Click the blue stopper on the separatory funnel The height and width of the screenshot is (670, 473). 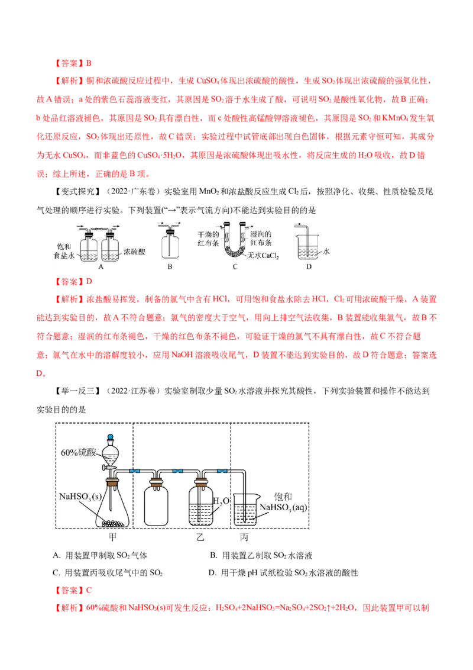click(x=111, y=437)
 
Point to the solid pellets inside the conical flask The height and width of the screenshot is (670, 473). click(x=113, y=523)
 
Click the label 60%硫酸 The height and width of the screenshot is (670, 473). click(x=78, y=453)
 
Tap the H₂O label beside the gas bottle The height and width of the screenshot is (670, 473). click(x=221, y=501)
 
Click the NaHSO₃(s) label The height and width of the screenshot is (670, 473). click(x=80, y=497)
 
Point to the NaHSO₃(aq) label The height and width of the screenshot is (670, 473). click(x=283, y=507)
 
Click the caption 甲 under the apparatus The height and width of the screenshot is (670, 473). click(x=113, y=537)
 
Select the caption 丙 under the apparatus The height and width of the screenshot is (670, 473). click(x=244, y=537)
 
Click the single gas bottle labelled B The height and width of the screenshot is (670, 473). click(x=170, y=243)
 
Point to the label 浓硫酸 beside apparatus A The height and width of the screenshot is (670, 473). click(x=134, y=252)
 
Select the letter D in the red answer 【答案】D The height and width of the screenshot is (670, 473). click(x=89, y=281)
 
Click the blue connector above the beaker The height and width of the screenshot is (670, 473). click(x=222, y=471)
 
